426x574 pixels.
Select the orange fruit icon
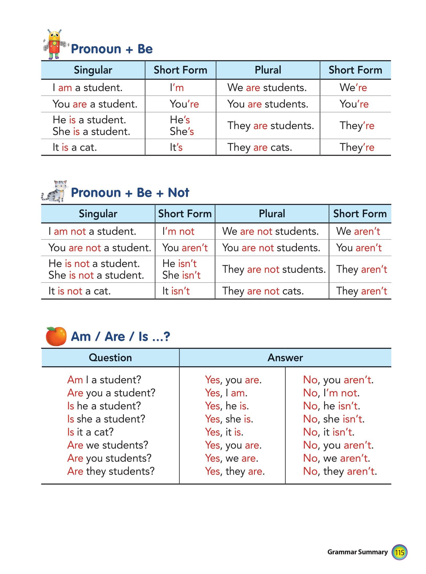(56, 336)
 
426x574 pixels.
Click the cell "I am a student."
(88, 88)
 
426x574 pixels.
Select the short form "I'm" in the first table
(177, 88)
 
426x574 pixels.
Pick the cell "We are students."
(267, 88)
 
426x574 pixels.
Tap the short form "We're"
(353, 88)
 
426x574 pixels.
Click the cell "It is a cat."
(75, 147)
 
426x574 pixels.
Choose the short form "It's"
(176, 147)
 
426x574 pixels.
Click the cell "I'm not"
(178, 231)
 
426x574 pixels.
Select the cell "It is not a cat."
(80, 291)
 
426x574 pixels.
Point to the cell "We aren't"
(358, 231)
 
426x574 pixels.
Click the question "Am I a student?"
(104, 380)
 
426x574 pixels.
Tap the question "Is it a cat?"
(90, 432)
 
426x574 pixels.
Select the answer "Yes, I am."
(226, 393)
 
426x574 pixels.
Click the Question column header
(110, 357)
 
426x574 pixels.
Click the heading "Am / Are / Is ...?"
(120, 337)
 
